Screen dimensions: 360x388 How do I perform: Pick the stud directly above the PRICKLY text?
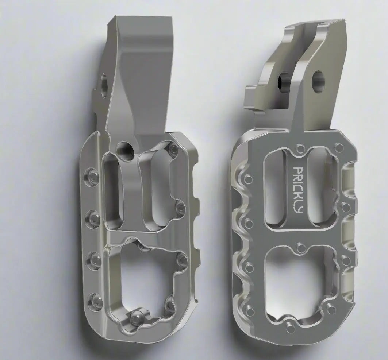pyautogui.click(x=301, y=148)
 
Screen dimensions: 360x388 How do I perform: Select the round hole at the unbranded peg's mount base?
pyautogui.click(x=124, y=148)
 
